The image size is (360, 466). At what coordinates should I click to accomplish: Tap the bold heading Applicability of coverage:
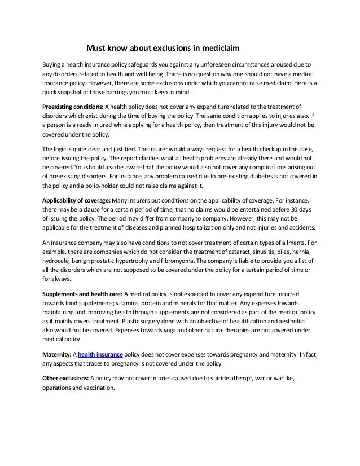click(x=77, y=200)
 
